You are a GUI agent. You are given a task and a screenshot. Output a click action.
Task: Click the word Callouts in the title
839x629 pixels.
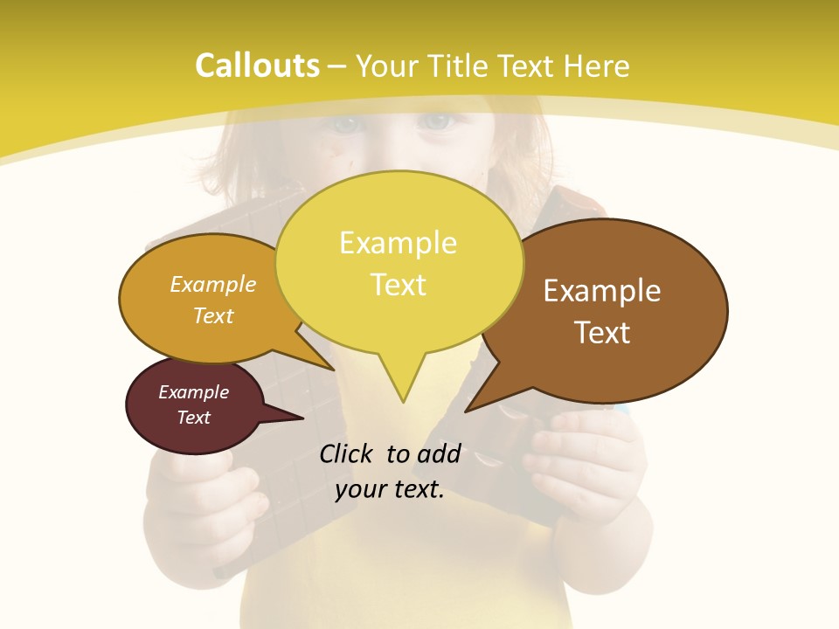257,66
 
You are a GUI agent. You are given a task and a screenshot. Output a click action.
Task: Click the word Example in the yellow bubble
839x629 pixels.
398,243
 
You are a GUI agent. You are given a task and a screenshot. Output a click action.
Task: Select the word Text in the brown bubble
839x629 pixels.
602,333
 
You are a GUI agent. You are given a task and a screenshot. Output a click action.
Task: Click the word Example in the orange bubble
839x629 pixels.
213,285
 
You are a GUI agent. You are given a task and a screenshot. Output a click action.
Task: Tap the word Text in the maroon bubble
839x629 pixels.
193,418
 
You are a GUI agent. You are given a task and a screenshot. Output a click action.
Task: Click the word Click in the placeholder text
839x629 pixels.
347,453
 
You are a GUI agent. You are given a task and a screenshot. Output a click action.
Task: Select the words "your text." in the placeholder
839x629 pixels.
390,489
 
